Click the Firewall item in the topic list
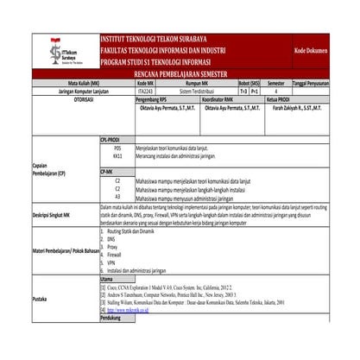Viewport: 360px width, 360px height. point(118,256)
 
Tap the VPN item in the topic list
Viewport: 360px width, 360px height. point(112,262)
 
